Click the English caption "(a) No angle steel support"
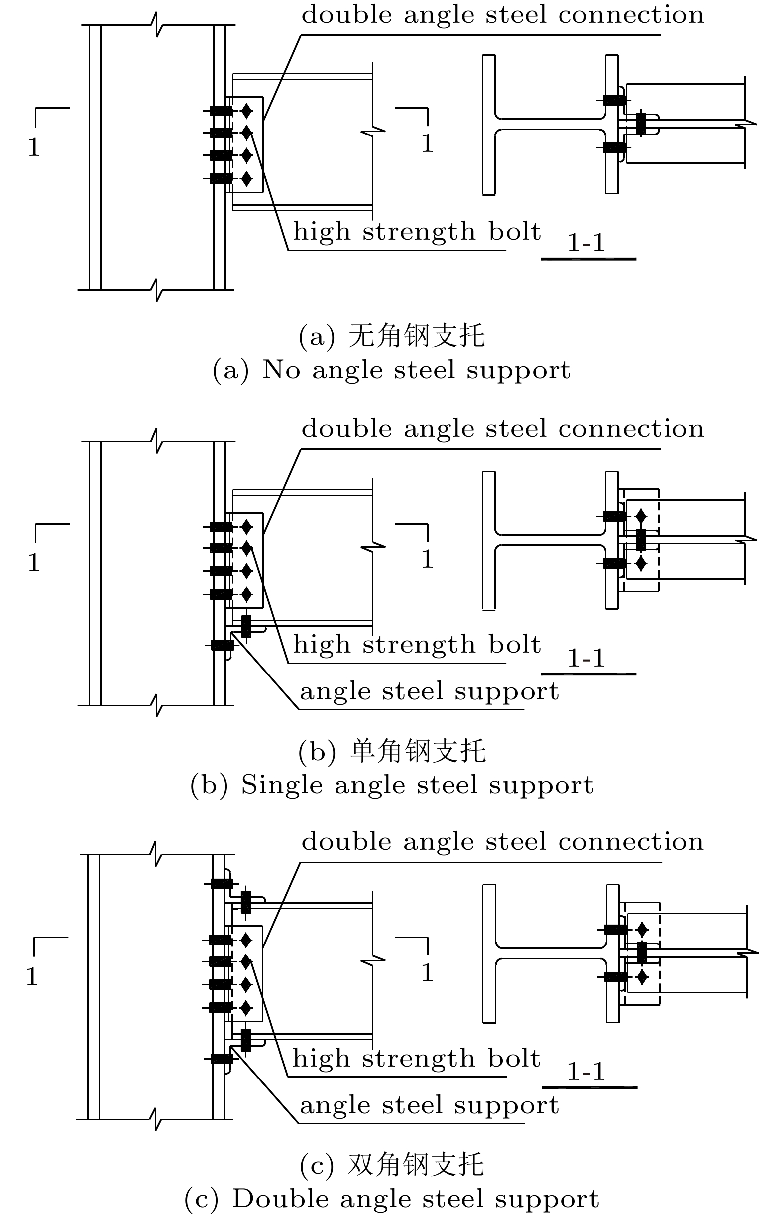[391, 370]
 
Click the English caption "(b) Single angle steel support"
[391, 785]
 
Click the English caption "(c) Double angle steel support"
[391, 1198]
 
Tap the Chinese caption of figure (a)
[391, 336]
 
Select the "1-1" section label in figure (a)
[586, 243]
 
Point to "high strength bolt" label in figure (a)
[417, 232]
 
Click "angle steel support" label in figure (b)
[429, 692]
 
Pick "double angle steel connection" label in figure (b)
[502, 429]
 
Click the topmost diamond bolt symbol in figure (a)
[247, 110]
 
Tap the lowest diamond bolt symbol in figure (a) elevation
[247, 179]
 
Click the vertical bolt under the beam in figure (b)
[246, 627]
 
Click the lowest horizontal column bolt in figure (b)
[222, 645]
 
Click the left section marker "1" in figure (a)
[34, 147]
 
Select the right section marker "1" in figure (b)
[427, 559]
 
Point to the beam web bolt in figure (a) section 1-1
[641, 124]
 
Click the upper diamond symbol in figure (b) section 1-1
[641, 516]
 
